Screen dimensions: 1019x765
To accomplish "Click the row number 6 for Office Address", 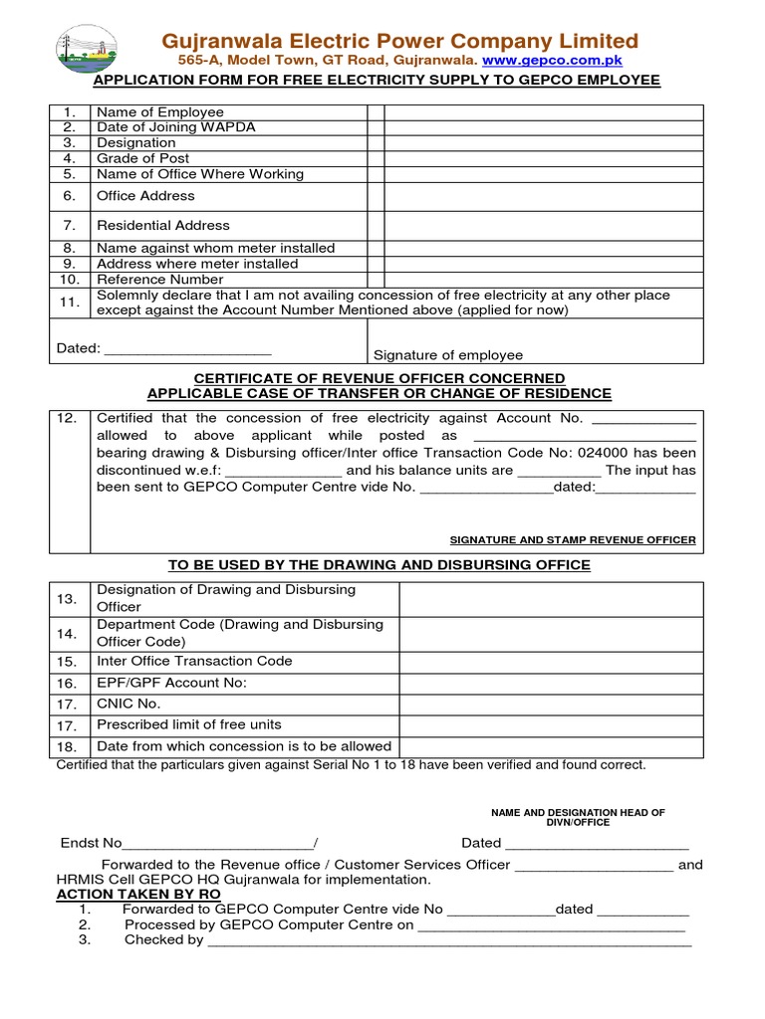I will (70, 196).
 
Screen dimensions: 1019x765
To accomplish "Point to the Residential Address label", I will (163, 225).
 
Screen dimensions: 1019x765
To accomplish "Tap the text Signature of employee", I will (447, 355).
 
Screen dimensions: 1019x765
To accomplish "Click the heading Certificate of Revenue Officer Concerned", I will (379, 378).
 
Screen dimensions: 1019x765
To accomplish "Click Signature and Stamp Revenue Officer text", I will (573, 539).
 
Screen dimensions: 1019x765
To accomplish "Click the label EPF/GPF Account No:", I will (171, 683).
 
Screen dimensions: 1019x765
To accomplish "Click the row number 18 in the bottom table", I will (67, 746).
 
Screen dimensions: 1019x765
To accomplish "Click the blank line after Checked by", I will (448, 940).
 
